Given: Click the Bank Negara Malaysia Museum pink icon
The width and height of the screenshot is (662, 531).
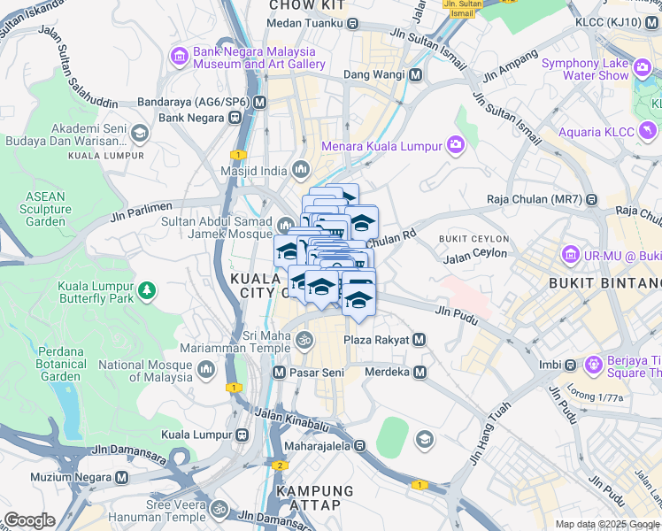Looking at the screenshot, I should point(180,57).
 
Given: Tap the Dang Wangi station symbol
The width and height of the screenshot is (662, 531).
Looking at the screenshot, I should point(414,76).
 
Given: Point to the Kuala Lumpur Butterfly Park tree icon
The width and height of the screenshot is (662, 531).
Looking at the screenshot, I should point(146,289).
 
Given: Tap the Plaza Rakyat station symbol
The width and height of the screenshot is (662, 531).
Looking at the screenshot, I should point(420,340).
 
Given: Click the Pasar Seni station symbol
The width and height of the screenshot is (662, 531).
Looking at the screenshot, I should point(280,373).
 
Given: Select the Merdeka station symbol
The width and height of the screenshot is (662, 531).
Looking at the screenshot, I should point(420,372).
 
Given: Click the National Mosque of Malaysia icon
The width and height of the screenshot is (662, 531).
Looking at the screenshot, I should point(206,368).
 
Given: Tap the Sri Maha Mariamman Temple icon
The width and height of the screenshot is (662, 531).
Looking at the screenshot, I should point(304,340).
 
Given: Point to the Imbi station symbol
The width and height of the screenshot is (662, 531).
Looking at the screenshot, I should point(571,365).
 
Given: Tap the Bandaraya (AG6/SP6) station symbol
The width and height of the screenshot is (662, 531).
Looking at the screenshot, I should point(259,102).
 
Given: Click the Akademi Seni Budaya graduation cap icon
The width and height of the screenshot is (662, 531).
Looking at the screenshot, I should point(139,133).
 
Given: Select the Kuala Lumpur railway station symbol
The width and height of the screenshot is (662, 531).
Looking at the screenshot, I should point(241,435).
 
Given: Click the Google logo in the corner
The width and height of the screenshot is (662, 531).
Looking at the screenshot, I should point(29,520).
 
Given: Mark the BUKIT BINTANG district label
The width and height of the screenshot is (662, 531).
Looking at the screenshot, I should point(604,283).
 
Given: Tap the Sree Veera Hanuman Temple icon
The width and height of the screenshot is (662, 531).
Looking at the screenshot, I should point(219,511).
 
